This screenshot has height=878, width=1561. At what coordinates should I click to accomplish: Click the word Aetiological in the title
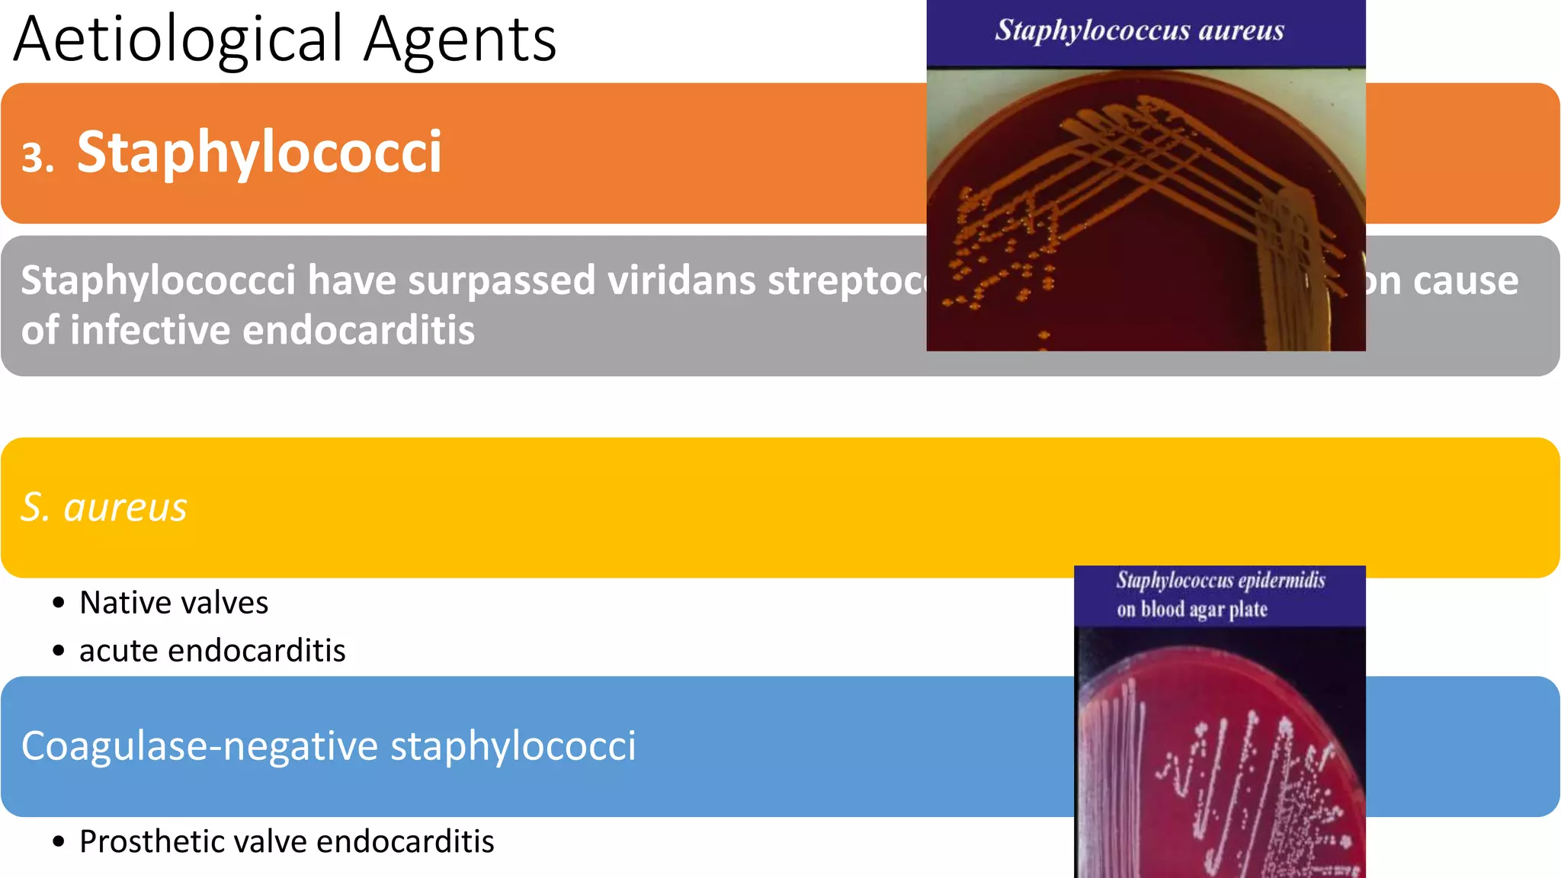coord(178,40)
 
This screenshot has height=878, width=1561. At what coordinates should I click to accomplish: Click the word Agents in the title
coord(460,40)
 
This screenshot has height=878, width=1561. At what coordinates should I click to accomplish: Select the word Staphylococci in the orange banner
coord(259,152)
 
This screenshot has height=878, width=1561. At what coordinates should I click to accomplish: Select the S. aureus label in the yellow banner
coord(104,507)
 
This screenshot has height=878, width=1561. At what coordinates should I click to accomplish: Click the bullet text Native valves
coord(174,603)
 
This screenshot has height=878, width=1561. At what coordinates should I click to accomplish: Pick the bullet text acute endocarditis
coord(212,651)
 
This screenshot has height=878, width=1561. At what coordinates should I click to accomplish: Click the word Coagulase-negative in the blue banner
coord(199,745)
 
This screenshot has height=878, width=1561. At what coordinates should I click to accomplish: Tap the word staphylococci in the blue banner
coord(513,745)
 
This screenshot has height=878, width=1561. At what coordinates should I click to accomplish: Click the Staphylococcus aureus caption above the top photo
coord(1139,30)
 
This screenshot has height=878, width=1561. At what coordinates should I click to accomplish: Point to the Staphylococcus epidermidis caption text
coord(1220,581)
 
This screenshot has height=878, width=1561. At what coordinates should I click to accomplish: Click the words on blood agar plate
coord(1192,610)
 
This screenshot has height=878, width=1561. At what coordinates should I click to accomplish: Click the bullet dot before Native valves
coord(59,604)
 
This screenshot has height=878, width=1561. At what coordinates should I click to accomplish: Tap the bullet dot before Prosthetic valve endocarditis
coord(59,842)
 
